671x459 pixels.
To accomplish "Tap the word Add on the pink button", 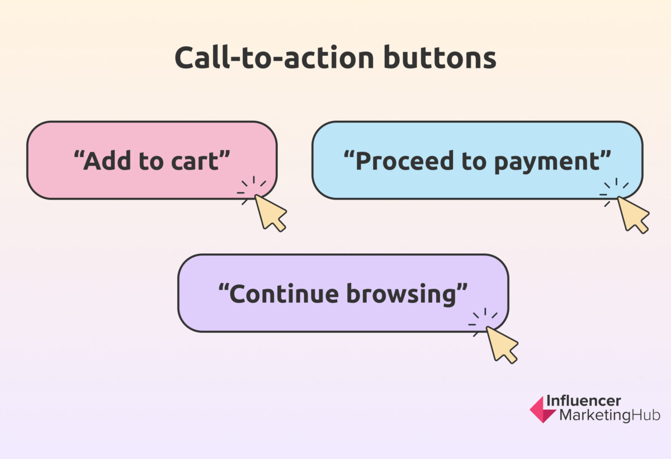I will pyautogui.click(x=106, y=161).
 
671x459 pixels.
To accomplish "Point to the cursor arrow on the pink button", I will pyautogui.click(x=270, y=212).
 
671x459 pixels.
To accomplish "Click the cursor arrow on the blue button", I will pyautogui.click(x=632, y=214).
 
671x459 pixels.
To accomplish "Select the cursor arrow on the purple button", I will pyautogui.click(x=501, y=344).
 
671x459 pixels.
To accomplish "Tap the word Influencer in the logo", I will pyautogui.click(x=583, y=401).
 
